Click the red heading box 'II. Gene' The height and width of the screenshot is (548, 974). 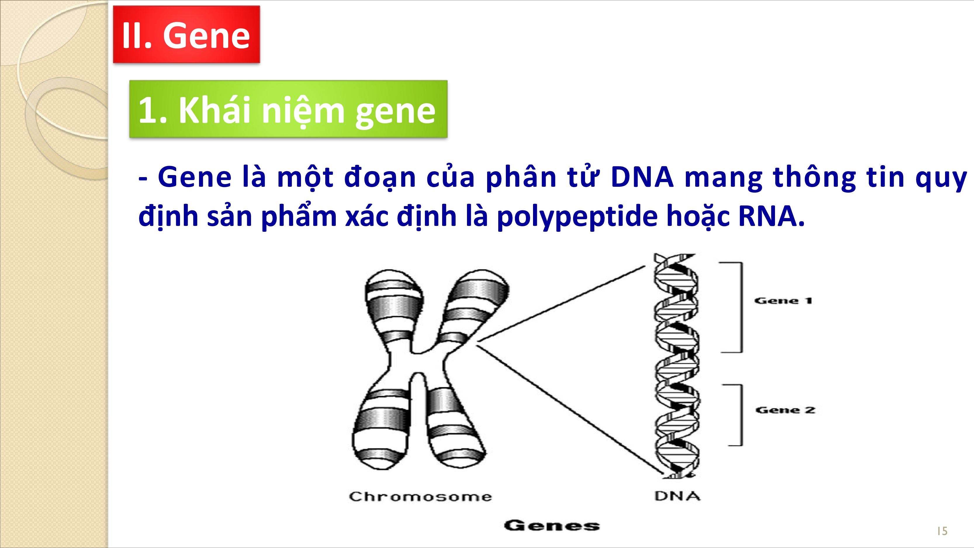186,34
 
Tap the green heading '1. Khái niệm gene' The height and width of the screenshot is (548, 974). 288,109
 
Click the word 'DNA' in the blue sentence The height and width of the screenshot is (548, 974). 642,177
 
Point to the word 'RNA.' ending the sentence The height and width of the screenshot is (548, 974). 771,216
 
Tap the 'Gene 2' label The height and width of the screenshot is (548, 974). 785,410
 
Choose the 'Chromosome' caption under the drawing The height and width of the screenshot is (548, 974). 420,496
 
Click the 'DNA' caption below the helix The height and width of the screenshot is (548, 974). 677,496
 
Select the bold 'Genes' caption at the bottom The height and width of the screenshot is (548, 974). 552,525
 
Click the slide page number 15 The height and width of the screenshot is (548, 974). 942,531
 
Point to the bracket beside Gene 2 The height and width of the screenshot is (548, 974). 741,415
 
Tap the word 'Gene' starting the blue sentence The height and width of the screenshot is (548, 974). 195,177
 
